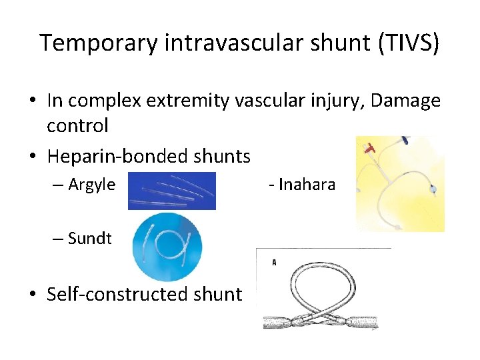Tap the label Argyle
[x=91, y=184]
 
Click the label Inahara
[x=307, y=184]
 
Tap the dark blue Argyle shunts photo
[x=171, y=191]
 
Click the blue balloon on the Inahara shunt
[x=433, y=190]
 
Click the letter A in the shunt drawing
[x=274, y=263]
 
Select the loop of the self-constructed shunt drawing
[x=321, y=281]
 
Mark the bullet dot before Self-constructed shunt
[x=31, y=294]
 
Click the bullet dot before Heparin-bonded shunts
[x=31, y=157]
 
